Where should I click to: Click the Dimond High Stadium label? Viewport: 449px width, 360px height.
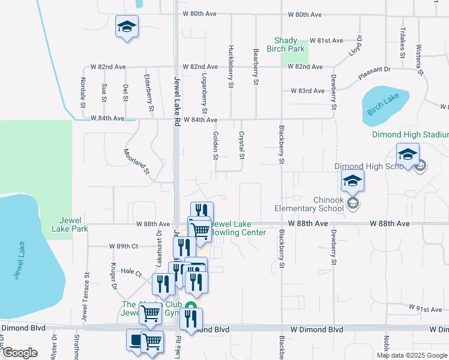coord(410,135)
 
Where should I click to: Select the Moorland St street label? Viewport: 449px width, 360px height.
coord(136,162)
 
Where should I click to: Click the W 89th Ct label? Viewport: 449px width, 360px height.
coord(124,246)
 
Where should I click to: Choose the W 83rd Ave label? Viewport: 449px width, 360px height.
coord(307,91)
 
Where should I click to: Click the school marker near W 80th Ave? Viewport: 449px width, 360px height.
coord(127,28)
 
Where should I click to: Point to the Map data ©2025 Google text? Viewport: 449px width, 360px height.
coord(411,355)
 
